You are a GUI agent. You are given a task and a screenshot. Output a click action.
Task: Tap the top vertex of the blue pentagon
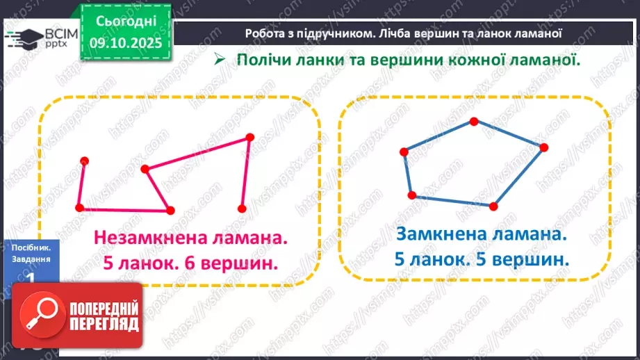coord(473,122)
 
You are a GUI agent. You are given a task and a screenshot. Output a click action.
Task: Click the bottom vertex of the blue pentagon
coord(493,206)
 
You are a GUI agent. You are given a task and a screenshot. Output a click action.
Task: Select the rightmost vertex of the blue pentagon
coord(543,147)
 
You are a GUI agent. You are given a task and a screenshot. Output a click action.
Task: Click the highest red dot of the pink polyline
coord(249,138)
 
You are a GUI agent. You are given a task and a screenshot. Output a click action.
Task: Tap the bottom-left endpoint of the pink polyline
coord(79,207)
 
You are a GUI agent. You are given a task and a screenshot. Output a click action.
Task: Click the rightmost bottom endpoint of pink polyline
coord(241,208)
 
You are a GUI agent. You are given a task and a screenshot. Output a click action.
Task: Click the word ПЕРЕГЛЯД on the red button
coord(104,324)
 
